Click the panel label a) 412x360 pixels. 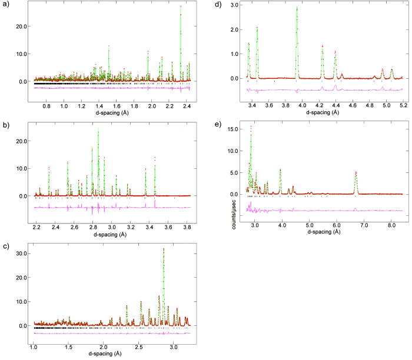click(x=5, y=6)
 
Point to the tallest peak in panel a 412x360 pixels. click(x=181, y=7)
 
